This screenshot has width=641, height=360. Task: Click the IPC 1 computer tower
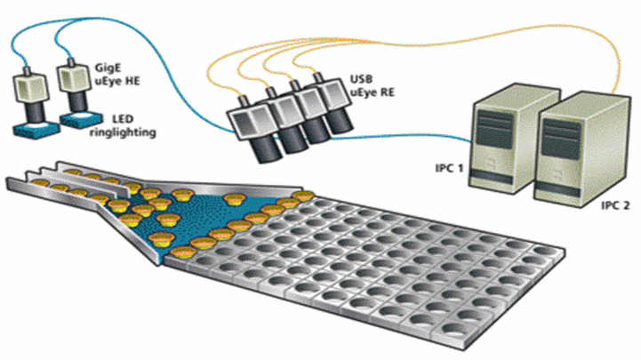[x=502, y=133]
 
